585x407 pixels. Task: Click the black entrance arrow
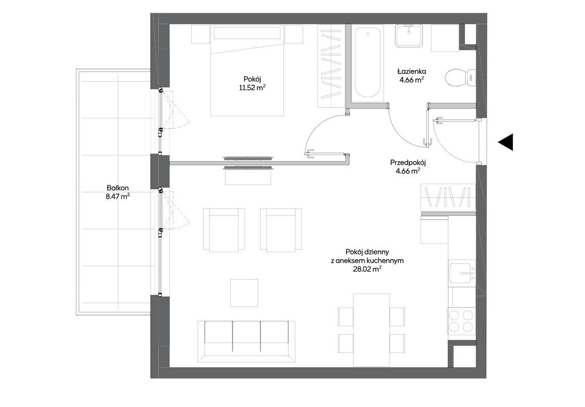tap(506, 142)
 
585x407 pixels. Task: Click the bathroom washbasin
tap(409, 36)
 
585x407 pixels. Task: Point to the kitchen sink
tap(462, 273)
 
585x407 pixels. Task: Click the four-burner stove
tap(462, 321)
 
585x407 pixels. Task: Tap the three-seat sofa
tap(246, 341)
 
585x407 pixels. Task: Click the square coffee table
tap(244, 293)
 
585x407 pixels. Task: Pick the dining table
tap(372, 330)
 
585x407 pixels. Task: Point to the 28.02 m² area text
tap(367, 269)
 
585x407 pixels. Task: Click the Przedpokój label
tap(408, 163)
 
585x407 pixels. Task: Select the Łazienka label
tap(411, 71)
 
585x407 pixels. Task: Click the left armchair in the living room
tap(221, 229)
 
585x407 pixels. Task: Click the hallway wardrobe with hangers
tap(448, 197)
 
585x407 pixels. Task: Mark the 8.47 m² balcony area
tap(118, 196)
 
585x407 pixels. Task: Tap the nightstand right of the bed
tap(294, 35)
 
